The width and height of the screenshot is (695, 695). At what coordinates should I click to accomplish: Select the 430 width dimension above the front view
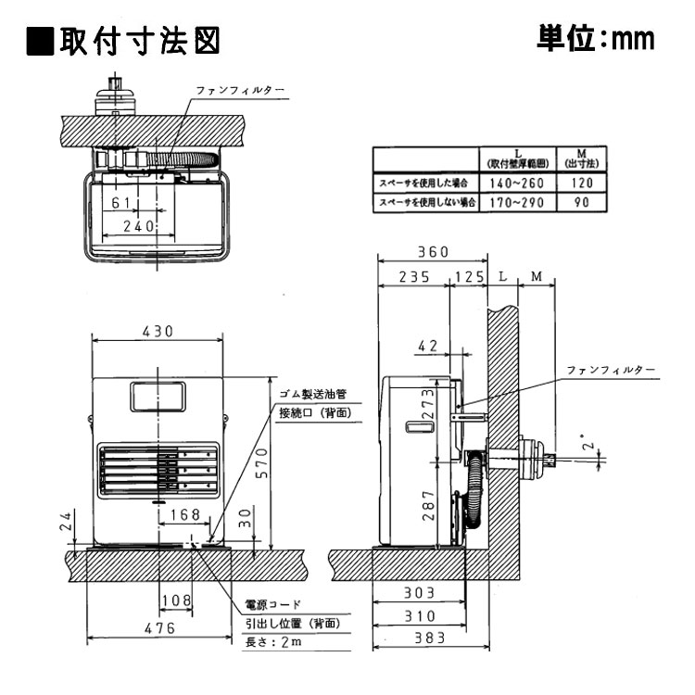158,332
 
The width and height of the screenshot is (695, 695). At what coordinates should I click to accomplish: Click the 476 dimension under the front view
158,628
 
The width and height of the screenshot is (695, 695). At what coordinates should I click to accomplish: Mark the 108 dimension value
176,600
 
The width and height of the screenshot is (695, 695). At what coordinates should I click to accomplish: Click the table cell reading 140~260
516,183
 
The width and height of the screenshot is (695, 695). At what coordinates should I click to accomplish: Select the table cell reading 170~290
516,201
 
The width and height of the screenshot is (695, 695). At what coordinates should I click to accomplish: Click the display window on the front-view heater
158,397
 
